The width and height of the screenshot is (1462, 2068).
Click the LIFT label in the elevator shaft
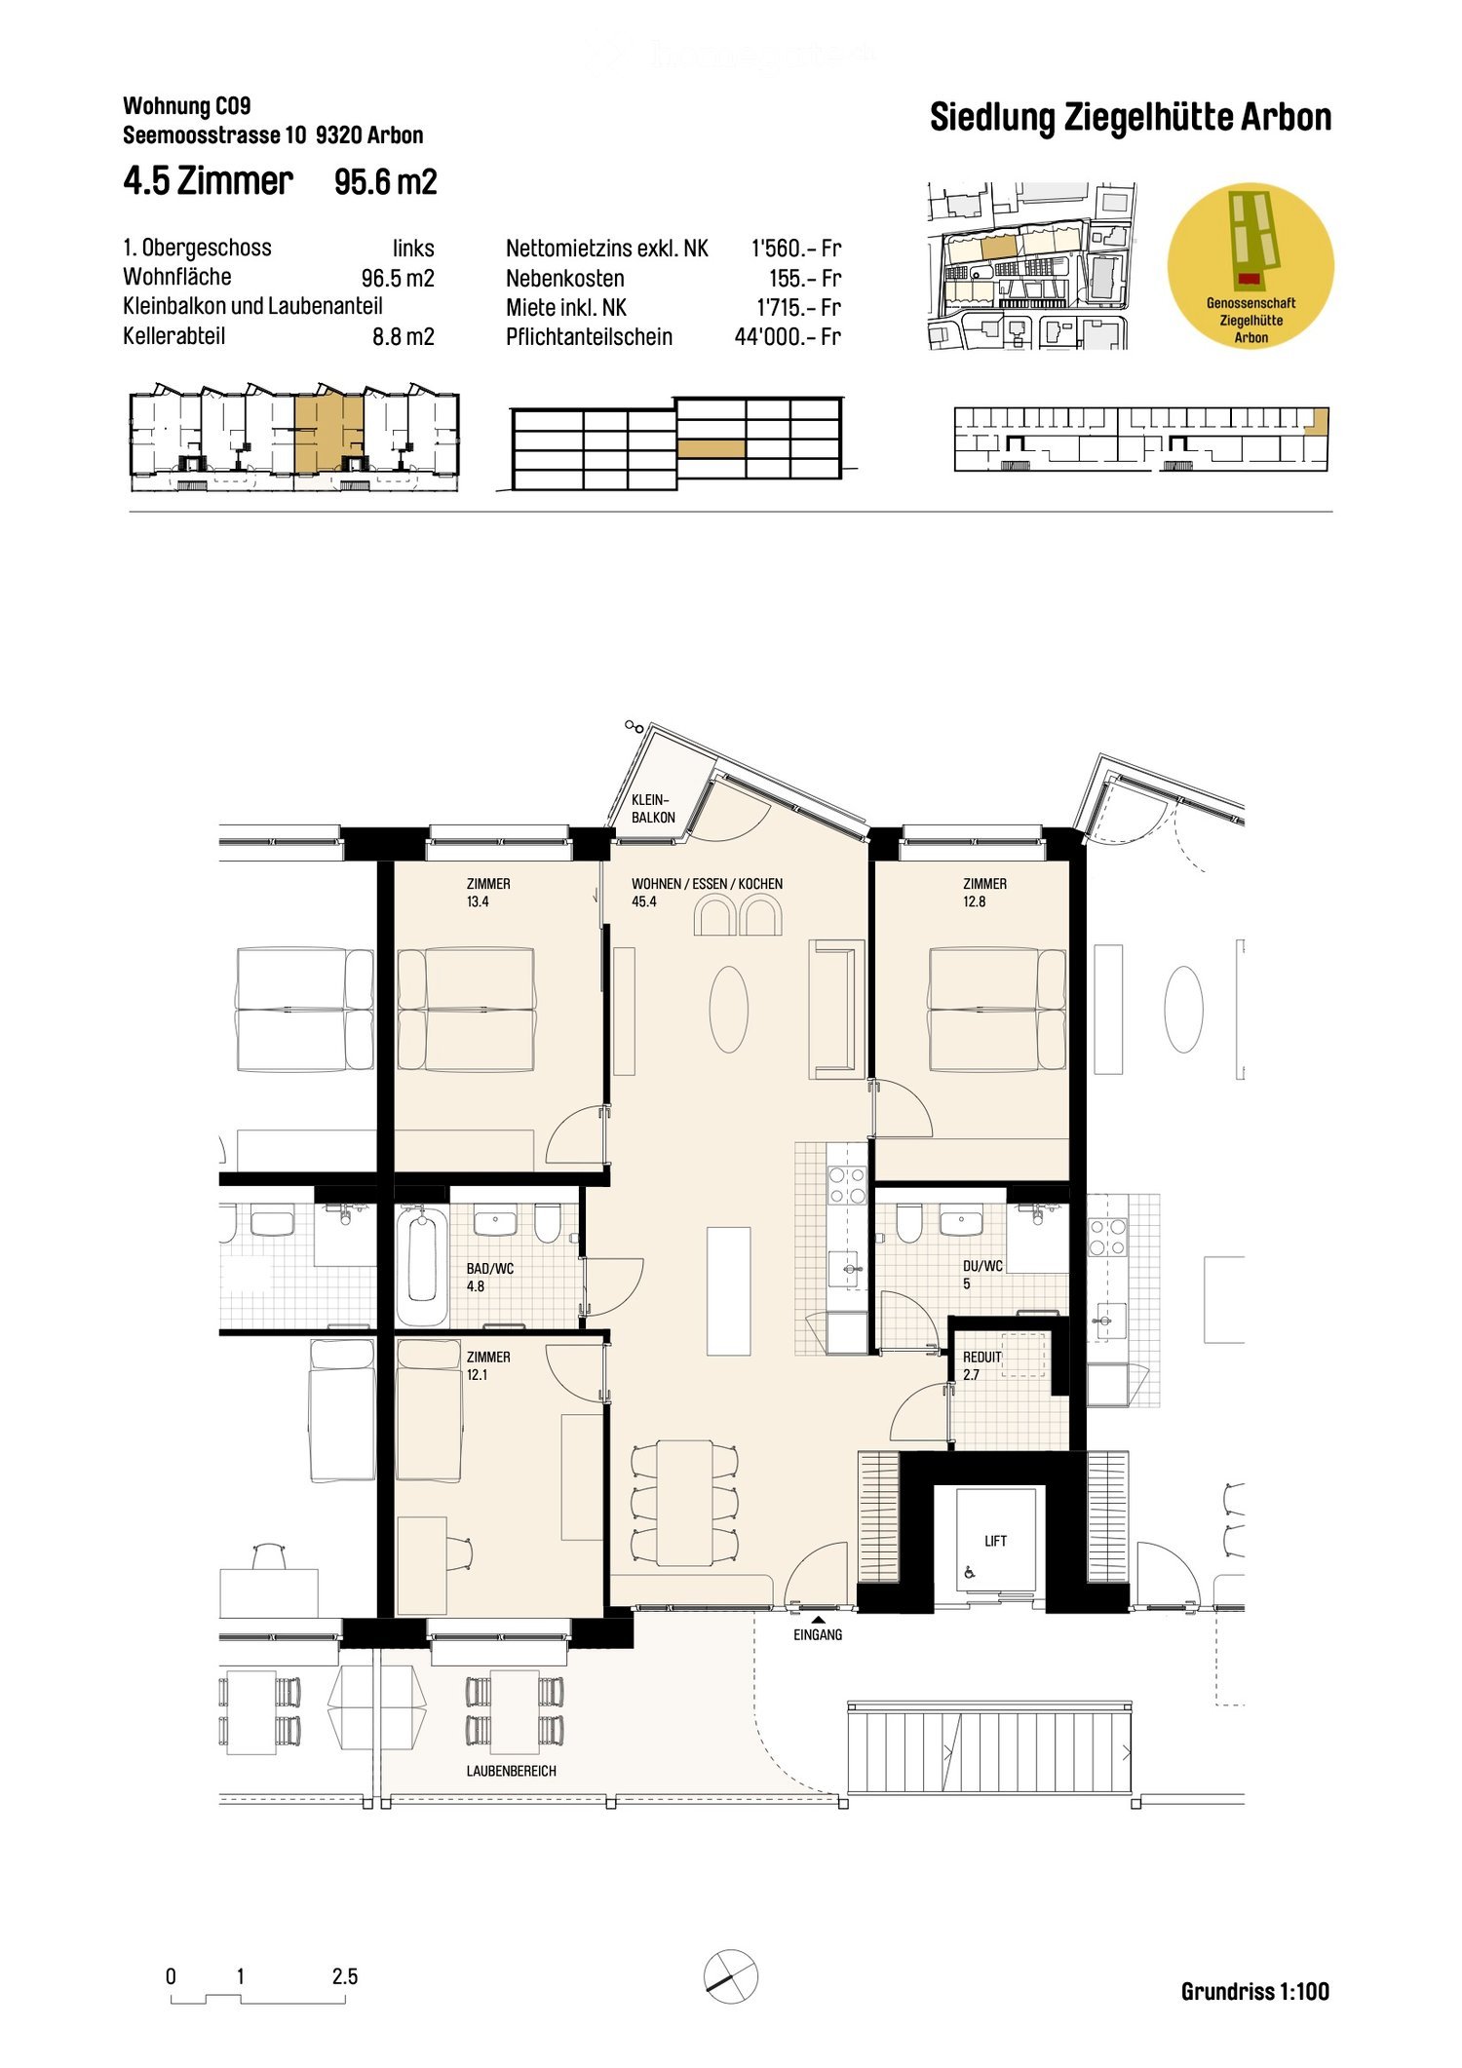coord(995,1541)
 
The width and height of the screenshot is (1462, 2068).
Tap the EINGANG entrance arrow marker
coord(818,1619)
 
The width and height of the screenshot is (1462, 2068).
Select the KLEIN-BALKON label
coord(652,809)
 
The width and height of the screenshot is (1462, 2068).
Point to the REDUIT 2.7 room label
coord(981,1365)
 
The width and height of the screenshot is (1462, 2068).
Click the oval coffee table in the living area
coord(728,1009)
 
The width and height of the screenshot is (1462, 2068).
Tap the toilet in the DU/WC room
coord(908,1223)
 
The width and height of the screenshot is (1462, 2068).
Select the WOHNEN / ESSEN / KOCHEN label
coord(707,884)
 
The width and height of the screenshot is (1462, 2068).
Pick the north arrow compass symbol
coord(730,1976)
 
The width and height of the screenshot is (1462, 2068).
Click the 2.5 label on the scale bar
coord(345,1976)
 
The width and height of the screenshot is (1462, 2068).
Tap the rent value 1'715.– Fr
coord(798,308)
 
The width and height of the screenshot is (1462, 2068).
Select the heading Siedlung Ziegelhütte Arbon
coord(1130,118)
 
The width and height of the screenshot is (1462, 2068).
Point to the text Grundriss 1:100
coord(1254,1991)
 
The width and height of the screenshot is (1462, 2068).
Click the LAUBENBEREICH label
coord(511,1771)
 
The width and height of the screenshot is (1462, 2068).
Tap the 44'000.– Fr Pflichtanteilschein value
coord(787,337)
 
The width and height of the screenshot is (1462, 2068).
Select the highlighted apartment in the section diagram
coord(712,448)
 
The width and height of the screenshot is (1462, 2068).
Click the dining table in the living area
coord(684,1502)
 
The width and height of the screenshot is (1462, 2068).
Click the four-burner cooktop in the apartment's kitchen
coord(847,1186)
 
